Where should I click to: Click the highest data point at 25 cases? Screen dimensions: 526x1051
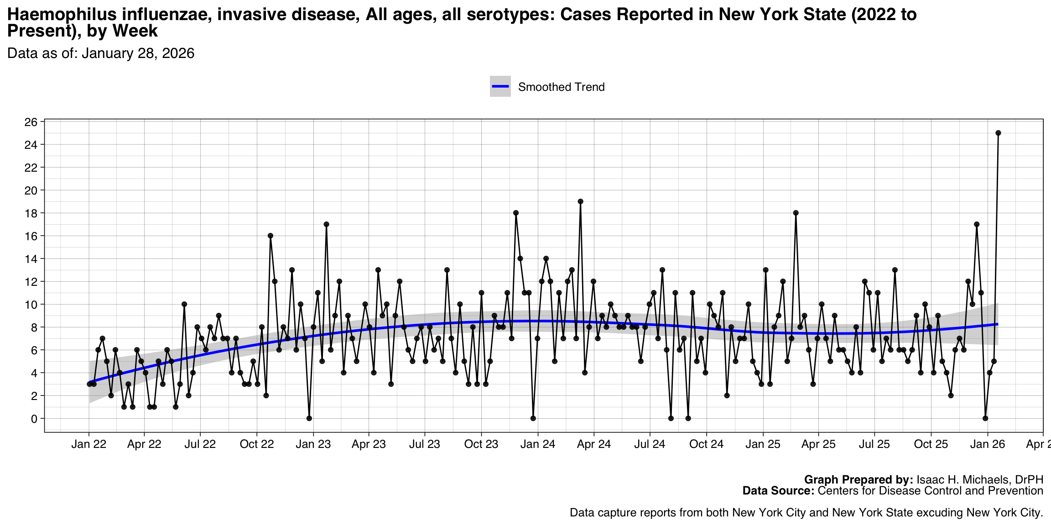pos(998,133)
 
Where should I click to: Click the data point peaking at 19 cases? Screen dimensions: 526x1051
pos(580,201)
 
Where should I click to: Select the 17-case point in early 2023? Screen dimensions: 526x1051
pos(327,224)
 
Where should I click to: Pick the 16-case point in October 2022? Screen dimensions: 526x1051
pos(271,236)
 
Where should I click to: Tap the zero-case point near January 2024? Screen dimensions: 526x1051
pos(533,418)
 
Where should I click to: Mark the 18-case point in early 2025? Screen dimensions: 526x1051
pos(796,213)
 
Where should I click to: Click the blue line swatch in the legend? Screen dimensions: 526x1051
pos(500,87)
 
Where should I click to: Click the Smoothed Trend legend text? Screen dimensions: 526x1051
pos(561,87)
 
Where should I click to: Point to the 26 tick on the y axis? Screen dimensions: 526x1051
pos(31,122)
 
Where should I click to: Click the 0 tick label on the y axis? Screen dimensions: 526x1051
pos(34,419)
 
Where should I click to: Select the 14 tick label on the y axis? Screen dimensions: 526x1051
pos(31,259)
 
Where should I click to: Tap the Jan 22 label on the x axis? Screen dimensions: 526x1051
pos(88,444)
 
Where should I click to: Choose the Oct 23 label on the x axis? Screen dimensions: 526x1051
pos(481,444)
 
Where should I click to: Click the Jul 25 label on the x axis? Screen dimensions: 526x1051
pos(874,444)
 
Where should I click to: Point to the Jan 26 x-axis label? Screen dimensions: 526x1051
pos(988,444)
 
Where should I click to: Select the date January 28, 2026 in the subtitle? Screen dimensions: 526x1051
pos(138,53)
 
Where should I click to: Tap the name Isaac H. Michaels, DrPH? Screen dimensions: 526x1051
pos(980,480)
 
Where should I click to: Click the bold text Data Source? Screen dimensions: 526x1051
pos(778,491)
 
